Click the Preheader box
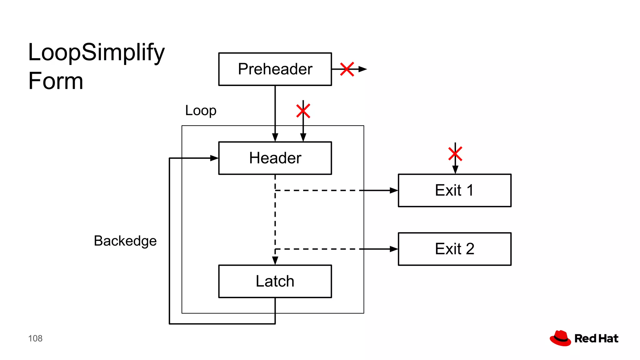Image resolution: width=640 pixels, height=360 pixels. point(275,69)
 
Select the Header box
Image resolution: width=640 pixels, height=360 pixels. point(275,158)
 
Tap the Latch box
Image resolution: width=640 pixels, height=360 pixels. point(275,281)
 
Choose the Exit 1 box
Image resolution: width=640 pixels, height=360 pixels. point(454,190)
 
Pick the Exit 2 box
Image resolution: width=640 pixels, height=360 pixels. point(454,249)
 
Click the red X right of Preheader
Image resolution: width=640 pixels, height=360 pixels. point(347,69)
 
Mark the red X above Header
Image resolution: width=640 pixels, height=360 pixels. point(303,111)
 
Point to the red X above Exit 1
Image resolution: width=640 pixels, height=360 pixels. point(455,154)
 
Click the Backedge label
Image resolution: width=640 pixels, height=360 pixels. point(125,241)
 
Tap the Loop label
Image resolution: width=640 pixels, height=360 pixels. point(201,110)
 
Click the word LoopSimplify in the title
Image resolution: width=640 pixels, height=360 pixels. point(96,52)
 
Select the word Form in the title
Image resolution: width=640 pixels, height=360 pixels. point(56,81)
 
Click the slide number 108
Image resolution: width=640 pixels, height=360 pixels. point(35,338)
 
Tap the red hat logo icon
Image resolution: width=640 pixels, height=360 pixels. point(560,338)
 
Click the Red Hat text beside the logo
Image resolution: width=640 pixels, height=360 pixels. point(596,338)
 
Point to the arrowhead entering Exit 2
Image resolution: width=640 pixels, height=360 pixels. point(394,249)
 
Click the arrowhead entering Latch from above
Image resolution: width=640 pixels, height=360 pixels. point(275,261)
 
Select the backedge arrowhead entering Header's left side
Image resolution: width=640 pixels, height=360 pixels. point(214,158)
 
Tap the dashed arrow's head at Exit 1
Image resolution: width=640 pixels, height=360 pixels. point(394,190)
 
